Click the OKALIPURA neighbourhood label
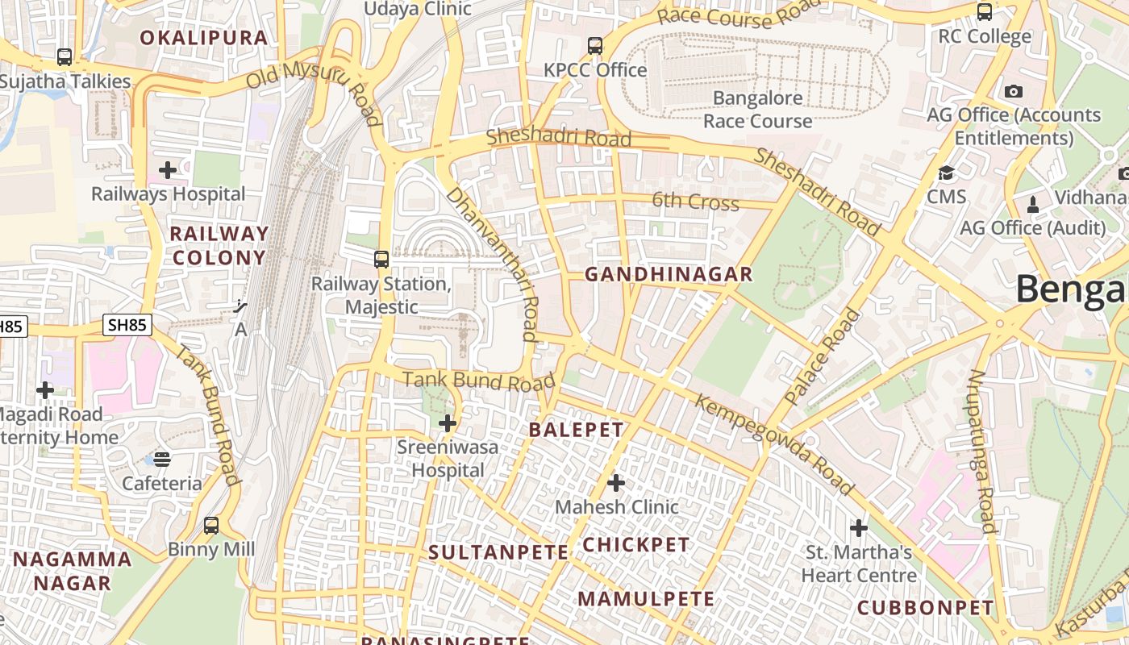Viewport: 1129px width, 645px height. [203, 38]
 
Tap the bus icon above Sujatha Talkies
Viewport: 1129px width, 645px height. [65, 57]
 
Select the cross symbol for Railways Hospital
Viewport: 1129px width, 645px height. [168, 170]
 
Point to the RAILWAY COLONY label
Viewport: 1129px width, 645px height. [219, 246]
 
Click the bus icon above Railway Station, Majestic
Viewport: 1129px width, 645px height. [381, 260]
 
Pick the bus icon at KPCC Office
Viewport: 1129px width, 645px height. [595, 46]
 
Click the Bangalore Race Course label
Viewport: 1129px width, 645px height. [757, 110]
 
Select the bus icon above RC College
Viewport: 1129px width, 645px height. [985, 12]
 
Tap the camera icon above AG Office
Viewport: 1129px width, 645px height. [1014, 91]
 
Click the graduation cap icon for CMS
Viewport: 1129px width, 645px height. [946, 173]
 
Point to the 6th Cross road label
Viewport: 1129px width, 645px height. [695, 201]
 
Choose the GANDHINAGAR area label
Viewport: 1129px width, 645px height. [669, 275]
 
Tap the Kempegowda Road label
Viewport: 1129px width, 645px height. [773, 444]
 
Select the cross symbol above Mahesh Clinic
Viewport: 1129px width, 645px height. [616, 483]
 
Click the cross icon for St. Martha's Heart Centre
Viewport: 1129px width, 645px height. [859, 528]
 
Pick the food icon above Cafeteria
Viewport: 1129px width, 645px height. [162, 460]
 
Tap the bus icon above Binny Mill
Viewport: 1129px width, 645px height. [211, 526]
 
